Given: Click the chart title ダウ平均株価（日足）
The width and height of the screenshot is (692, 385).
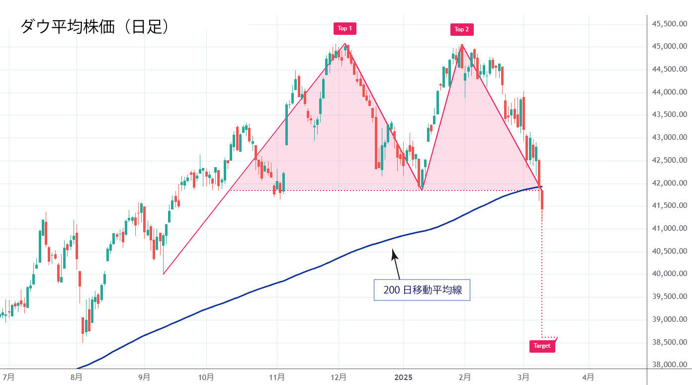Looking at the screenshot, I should coord(94,26).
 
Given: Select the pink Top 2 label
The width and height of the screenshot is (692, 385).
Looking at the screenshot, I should coord(462,29).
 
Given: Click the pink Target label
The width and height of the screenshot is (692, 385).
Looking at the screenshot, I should coord(542,346).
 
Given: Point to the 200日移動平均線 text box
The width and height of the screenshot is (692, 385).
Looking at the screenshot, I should coord(422,290).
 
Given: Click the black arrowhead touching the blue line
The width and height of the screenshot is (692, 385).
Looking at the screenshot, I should coord(394,253).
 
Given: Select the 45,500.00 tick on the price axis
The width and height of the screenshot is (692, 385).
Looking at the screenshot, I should coord(669,24).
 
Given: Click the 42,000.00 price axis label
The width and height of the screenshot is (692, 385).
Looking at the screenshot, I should coord(669,183).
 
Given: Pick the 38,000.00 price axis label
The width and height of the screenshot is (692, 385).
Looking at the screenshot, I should coord(669,365).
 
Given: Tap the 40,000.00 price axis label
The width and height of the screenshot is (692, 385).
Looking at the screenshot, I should coord(669,274).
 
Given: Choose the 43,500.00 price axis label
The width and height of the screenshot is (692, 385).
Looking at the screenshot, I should coord(669,115).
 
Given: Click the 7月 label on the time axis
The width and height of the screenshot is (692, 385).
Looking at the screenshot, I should coord(8,377).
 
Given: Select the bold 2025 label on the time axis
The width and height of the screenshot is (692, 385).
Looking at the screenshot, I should coord(403,377).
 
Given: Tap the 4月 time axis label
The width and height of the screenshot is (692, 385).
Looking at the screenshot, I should coord(588,377).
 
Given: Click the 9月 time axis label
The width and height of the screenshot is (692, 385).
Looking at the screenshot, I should coord(144,377).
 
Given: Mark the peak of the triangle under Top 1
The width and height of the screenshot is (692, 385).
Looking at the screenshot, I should coord(345,44).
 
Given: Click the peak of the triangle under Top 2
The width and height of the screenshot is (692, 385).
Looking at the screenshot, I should coord(462,45).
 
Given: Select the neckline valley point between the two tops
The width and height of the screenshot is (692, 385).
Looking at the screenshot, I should coord(422,190).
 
